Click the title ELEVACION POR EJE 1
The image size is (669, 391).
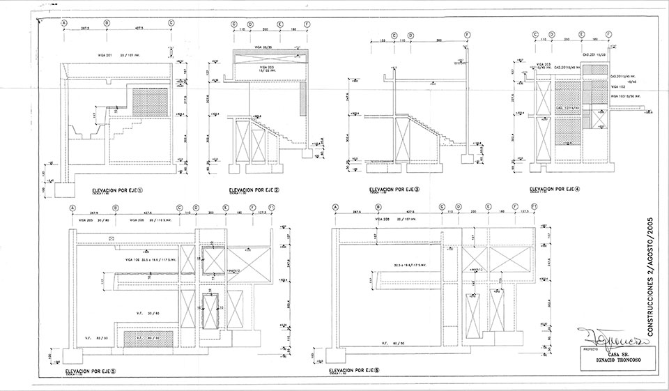(x=117, y=189)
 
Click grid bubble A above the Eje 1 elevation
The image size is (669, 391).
(x=65, y=22)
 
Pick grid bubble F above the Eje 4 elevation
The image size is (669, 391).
(x=609, y=33)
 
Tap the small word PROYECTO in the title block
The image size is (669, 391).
(x=587, y=346)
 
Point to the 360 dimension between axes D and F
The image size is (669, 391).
(x=439, y=40)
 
